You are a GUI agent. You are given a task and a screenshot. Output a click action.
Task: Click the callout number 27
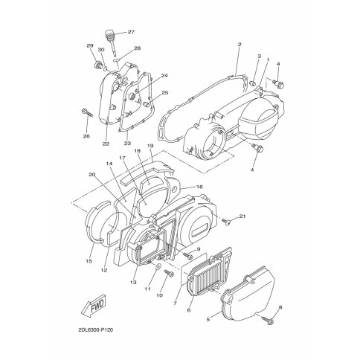click(x=131, y=32)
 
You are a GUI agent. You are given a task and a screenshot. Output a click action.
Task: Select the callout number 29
click(x=90, y=45)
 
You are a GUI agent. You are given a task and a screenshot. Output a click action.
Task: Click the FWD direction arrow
click(x=94, y=305)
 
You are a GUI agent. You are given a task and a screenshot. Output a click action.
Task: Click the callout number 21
click(x=242, y=216)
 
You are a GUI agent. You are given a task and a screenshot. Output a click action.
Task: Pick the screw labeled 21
click(x=225, y=222)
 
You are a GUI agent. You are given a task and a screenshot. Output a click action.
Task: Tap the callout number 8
click(x=280, y=307)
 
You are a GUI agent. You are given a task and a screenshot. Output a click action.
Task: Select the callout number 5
click(x=208, y=320)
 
